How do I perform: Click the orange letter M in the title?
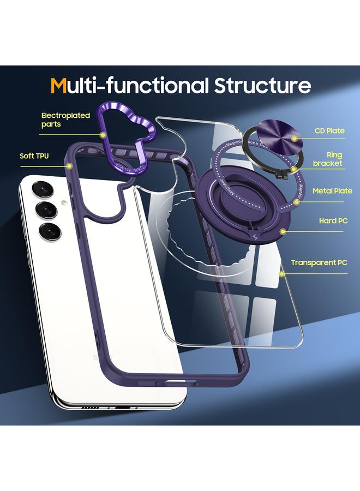click(59, 86)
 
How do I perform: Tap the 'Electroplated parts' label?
click(65, 120)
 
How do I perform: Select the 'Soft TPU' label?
click(34, 156)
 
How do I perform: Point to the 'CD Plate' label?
click(329, 131)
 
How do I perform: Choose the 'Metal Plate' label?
click(332, 191)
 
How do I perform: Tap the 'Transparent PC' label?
click(319, 262)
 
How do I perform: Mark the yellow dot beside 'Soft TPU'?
click(69, 165)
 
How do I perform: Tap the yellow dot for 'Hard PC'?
click(283, 231)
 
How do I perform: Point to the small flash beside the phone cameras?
click(64, 203)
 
